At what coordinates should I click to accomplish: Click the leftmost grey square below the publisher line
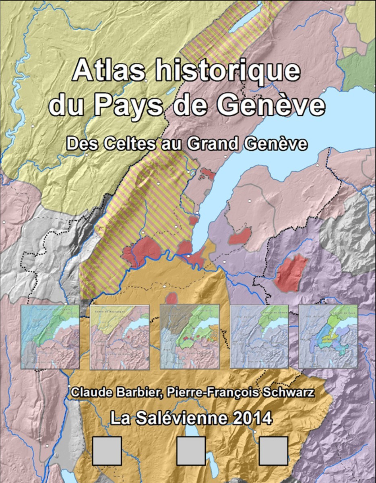pyautogui.click(x=107, y=451)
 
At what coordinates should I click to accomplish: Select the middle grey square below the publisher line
pyautogui.click(x=191, y=451)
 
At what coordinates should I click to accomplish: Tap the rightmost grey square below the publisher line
pyautogui.click(x=273, y=451)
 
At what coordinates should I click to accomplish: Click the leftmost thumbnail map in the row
pyautogui.click(x=50, y=336)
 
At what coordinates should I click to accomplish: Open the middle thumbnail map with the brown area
pyautogui.click(x=190, y=336)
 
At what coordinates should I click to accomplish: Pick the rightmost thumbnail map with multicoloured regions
pyautogui.click(x=328, y=336)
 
